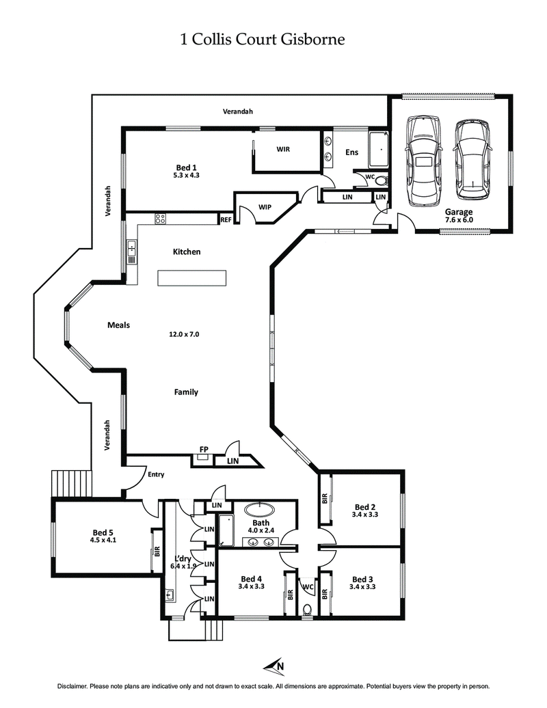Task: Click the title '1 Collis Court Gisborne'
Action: click(262, 40)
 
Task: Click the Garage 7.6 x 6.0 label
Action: click(459, 216)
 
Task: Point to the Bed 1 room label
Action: click(186, 171)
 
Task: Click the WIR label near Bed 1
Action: click(284, 149)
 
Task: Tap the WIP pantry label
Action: click(266, 206)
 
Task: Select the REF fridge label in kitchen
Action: click(226, 219)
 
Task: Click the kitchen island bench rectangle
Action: click(191, 278)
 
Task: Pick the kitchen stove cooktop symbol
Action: click(161, 219)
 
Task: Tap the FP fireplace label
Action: click(204, 449)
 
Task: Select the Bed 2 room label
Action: click(364, 510)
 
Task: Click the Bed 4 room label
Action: click(251, 582)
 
